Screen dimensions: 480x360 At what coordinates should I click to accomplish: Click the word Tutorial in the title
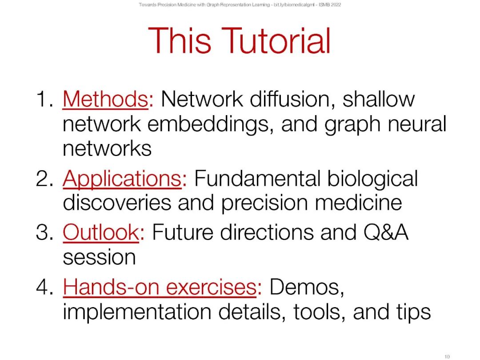point(276,41)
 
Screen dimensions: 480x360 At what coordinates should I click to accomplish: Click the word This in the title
point(180,41)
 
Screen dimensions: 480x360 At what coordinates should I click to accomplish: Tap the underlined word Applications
point(122,180)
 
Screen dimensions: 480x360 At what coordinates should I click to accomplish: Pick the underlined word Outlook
point(101,232)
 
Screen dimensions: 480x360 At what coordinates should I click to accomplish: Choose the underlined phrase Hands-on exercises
point(160,287)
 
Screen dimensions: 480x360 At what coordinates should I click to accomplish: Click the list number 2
point(45,179)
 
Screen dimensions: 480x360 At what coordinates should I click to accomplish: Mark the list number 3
point(45,232)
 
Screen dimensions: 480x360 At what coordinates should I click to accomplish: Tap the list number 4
point(45,287)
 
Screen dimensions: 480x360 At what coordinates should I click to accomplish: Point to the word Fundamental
point(257,179)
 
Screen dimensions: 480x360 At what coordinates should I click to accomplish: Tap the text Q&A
point(386,232)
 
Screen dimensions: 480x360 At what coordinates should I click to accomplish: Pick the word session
point(99,257)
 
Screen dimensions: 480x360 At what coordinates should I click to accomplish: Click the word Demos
point(307,287)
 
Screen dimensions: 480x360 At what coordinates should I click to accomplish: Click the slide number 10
point(447,356)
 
